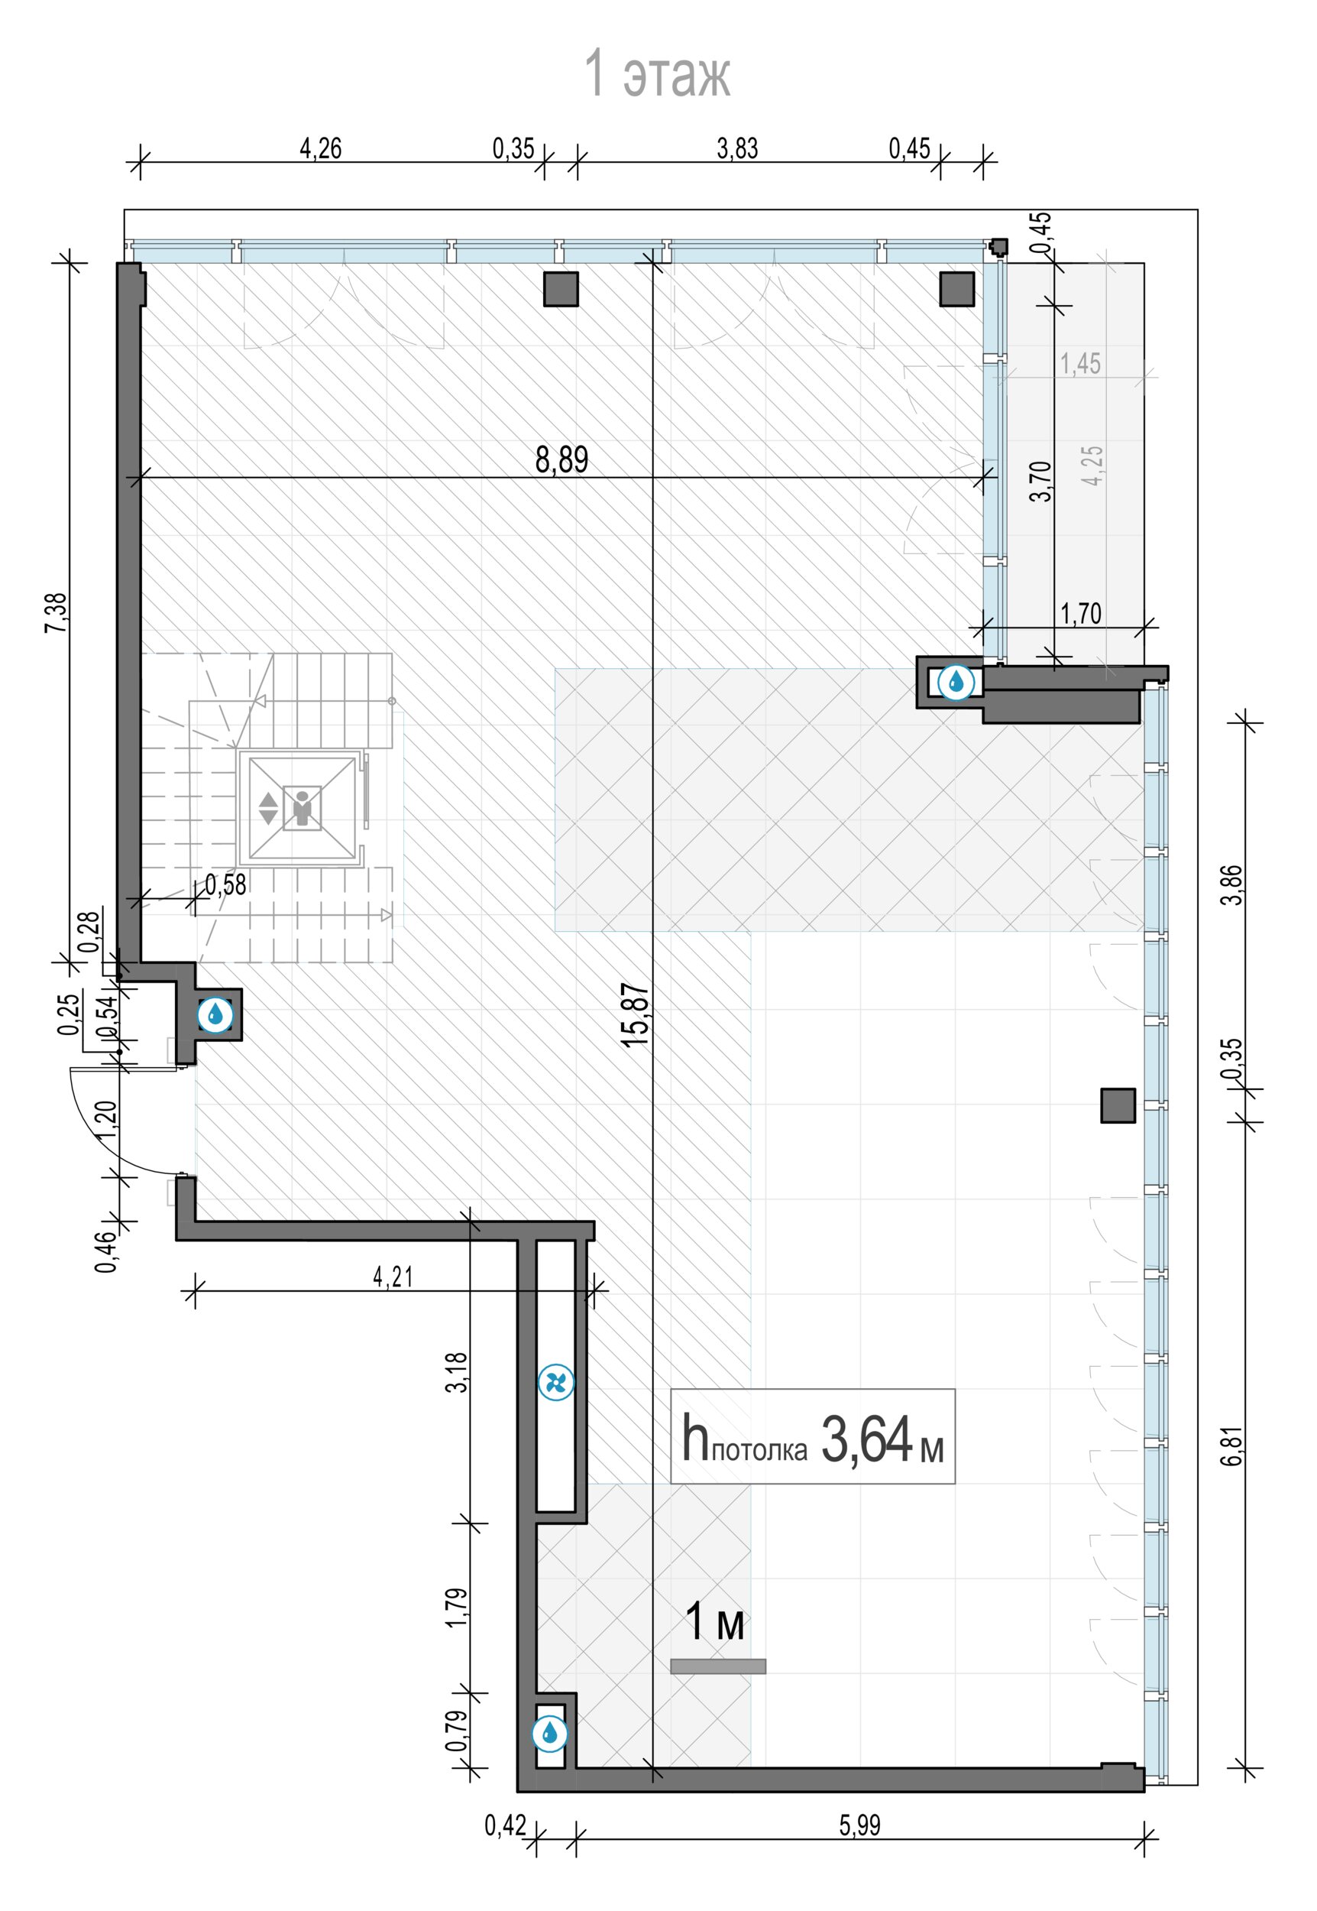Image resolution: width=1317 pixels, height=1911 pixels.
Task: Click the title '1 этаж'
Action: click(x=657, y=73)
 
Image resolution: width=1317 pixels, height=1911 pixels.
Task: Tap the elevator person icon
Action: click(x=301, y=807)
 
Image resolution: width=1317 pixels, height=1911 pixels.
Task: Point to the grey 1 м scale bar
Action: click(x=718, y=1666)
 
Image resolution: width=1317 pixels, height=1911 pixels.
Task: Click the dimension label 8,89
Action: click(x=562, y=460)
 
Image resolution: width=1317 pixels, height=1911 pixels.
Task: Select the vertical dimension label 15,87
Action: click(x=636, y=1015)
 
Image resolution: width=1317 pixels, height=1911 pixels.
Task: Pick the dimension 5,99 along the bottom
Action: click(x=860, y=1825)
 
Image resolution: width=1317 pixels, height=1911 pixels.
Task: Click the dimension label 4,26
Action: click(x=320, y=148)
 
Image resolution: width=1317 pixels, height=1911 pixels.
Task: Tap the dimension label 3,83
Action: click(x=737, y=148)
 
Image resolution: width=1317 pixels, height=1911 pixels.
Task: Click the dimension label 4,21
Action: click(x=393, y=1277)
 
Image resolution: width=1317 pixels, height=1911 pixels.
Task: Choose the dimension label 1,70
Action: click(x=1081, y=613)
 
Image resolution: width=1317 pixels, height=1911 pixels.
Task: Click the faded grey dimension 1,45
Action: click(x=1080, y=363)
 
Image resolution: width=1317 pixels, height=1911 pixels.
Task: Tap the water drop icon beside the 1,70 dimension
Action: click(x=956, y=682)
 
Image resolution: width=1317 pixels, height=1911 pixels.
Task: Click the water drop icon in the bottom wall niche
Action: click(x=549, y=1734)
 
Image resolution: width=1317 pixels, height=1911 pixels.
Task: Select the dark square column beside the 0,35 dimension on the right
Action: click(x=1118, y=1105)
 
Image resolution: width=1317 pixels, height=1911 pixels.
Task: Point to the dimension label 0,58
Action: click(x=225, y=884)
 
